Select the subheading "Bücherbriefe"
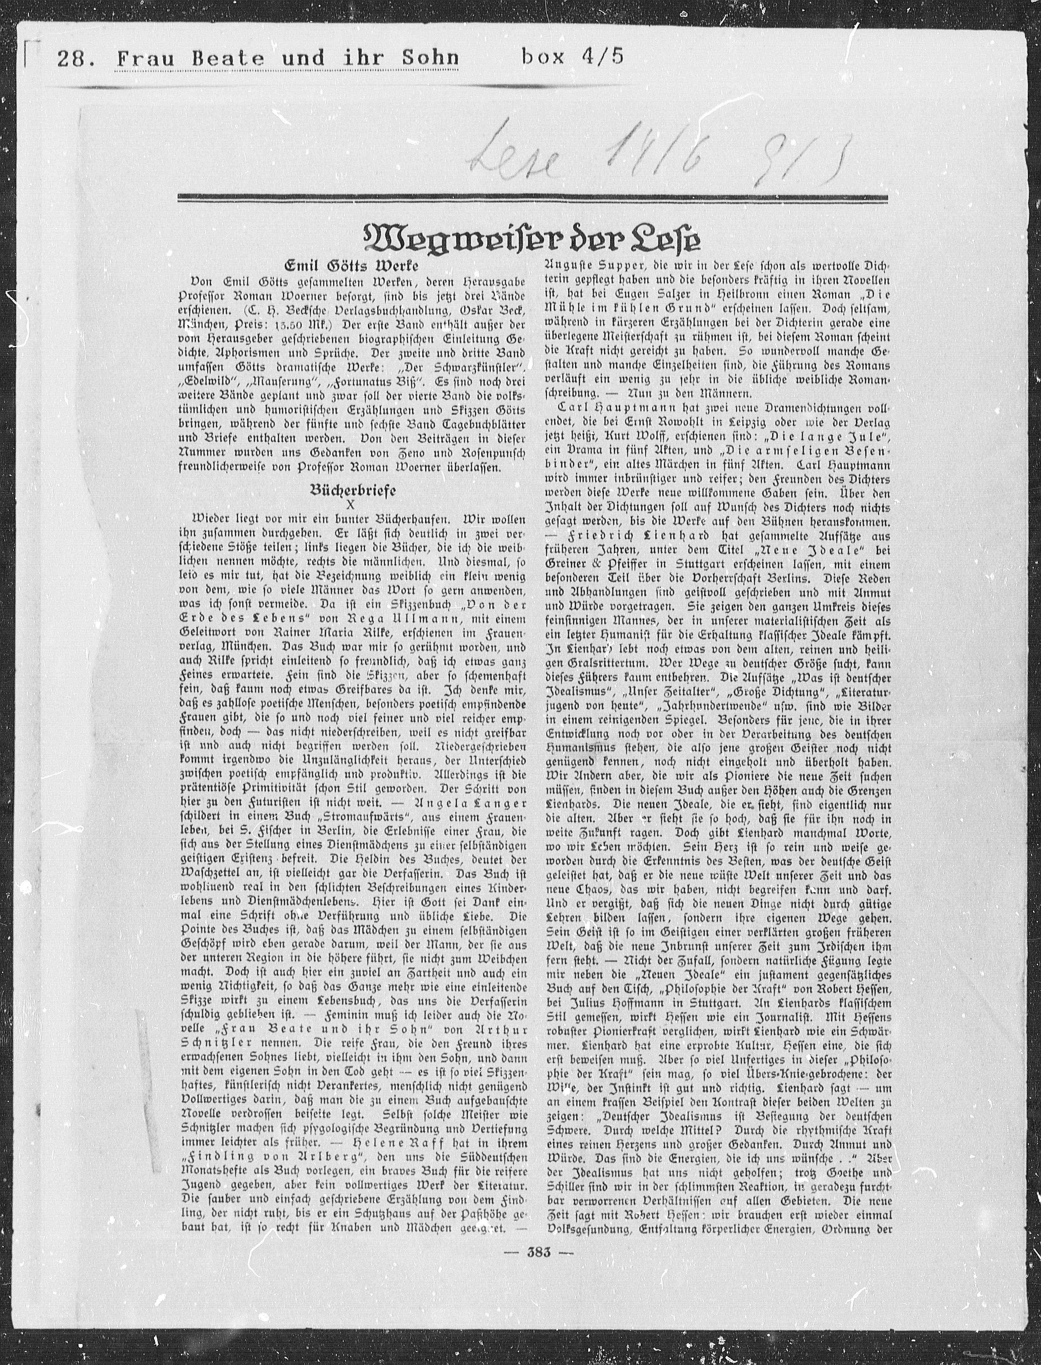353,490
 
